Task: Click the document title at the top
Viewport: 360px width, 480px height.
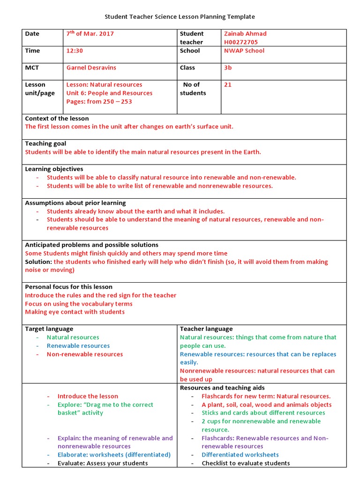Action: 180,17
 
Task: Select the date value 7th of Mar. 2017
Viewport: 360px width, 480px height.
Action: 90,34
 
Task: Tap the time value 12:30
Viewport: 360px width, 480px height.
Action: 75,51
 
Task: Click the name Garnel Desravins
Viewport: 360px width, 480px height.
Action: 92,67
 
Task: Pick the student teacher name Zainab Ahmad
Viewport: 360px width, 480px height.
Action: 245,34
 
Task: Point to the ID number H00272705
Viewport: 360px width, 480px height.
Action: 241,42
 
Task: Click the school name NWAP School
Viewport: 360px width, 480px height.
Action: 244,51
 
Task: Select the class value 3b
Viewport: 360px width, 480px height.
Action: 228,67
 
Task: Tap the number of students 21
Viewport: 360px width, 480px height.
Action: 228,85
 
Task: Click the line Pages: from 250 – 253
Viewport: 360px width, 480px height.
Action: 99,102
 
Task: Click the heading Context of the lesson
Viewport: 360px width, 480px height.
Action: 57,119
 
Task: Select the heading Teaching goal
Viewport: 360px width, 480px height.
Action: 45,143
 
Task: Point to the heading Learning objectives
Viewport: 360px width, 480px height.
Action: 54,169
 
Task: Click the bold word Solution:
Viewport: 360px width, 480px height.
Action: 38,262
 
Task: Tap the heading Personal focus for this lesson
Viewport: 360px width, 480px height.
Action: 68,287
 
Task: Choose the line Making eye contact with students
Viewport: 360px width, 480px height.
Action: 75,312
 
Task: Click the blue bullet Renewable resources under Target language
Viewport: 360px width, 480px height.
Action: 78,346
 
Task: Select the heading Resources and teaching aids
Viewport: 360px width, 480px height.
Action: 222,388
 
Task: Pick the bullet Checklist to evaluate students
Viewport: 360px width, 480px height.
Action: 246,464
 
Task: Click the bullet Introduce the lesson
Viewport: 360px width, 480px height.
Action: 88,397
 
